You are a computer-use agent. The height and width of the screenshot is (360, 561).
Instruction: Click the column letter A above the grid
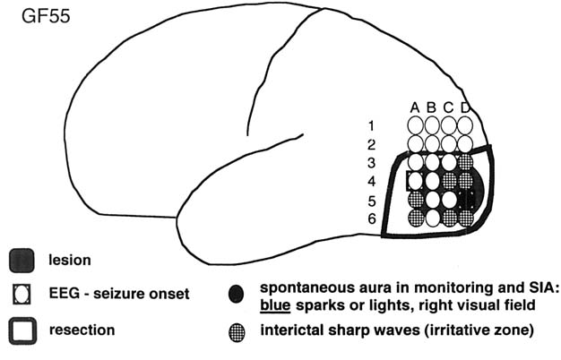point(415,108)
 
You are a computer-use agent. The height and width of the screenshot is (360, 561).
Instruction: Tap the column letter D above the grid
point(465,108)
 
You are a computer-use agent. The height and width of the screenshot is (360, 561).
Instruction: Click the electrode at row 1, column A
point(416,125)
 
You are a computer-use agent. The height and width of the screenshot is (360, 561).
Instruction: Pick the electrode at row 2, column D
point(465,143)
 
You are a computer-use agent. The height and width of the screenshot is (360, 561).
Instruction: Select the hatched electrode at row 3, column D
point(465,162)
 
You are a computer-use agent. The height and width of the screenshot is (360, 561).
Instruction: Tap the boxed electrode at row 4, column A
point(416,181)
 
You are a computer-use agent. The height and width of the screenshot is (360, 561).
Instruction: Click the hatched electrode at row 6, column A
point(416,218)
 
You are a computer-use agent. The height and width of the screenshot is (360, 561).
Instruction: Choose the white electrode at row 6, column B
point(432,218)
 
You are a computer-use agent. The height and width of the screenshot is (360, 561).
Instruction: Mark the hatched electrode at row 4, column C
point(449,181)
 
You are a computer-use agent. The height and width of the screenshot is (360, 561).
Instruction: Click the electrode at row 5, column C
point(449,199)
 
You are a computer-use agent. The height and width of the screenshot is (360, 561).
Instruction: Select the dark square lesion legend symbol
point(22,261)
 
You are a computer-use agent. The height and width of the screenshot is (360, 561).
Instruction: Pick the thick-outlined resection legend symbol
point(22,330)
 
